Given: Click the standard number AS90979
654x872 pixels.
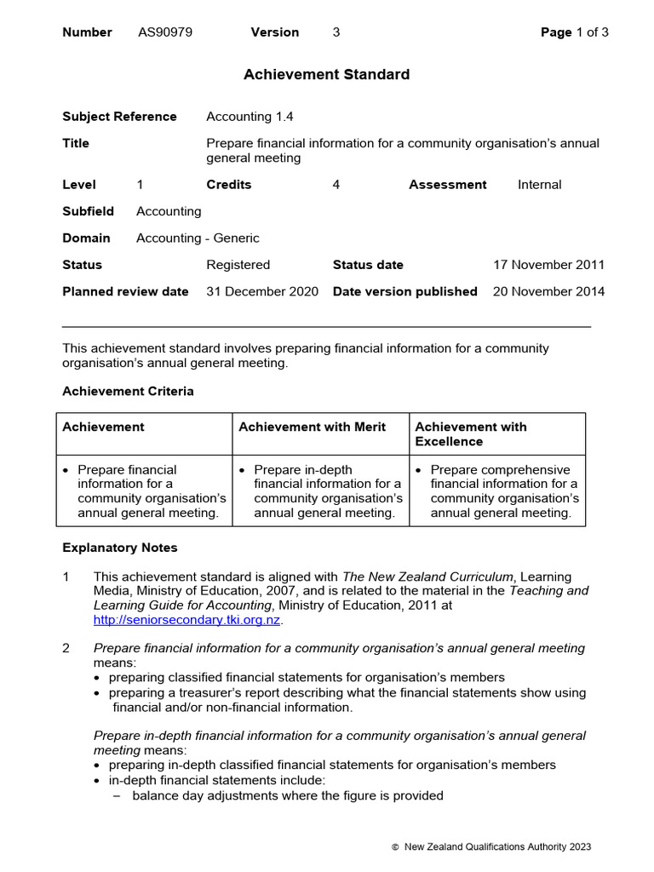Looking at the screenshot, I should (x=164, y=32).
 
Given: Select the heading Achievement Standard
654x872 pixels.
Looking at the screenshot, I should (x=326, y=75).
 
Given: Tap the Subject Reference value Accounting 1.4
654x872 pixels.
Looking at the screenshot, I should (x=250, y=117).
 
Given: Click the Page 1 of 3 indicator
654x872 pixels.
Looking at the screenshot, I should (x=575, y=32).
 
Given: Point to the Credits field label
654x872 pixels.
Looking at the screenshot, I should (x=228, y=185).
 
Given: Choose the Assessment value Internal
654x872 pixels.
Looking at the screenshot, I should (x=539, y=185).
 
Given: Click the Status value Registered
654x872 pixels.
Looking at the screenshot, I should (x=238, y=265).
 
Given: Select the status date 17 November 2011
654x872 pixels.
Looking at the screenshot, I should (x=549, y=265).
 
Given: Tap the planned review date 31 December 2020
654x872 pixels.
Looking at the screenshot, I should (x=262, y=291).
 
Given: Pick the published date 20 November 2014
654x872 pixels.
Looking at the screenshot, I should (x=549, y=291).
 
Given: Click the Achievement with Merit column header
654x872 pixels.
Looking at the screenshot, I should (x=312, y=427).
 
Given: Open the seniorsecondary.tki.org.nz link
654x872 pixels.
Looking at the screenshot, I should (x=186, y=620).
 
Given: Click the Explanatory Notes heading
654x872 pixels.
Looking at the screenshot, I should (x=120, y=548).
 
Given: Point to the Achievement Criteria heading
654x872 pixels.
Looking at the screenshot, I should (x=128, y=392).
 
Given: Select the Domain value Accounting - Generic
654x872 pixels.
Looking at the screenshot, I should (x=198, y=238).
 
